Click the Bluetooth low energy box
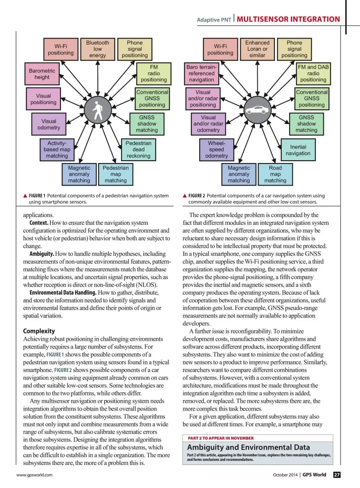[x=97, y=49]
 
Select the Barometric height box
[x=42, y=74]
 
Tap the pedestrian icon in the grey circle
[x=97, y=110]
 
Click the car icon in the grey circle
[x=257, y=110]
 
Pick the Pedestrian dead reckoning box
[x=138, y=149]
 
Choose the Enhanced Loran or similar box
[x=257, y=49]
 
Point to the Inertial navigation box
[x=298, y=150]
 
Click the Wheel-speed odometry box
[x=217, y=149]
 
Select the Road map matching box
[x=275, y=174]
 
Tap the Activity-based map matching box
[x=57, y=149]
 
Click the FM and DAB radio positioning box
[x=313, y=74]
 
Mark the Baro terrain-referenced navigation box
[x=202, y=74]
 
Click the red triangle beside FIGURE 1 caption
[x=25, y=196]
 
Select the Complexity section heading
[x=39, y=331]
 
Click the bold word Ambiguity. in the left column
[x=42, y=254]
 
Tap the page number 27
[x=337, y=475]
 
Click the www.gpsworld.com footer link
[x=34, y=475]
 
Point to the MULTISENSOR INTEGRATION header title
[x=288, y=20]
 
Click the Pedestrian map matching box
[x=115, y=174]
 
